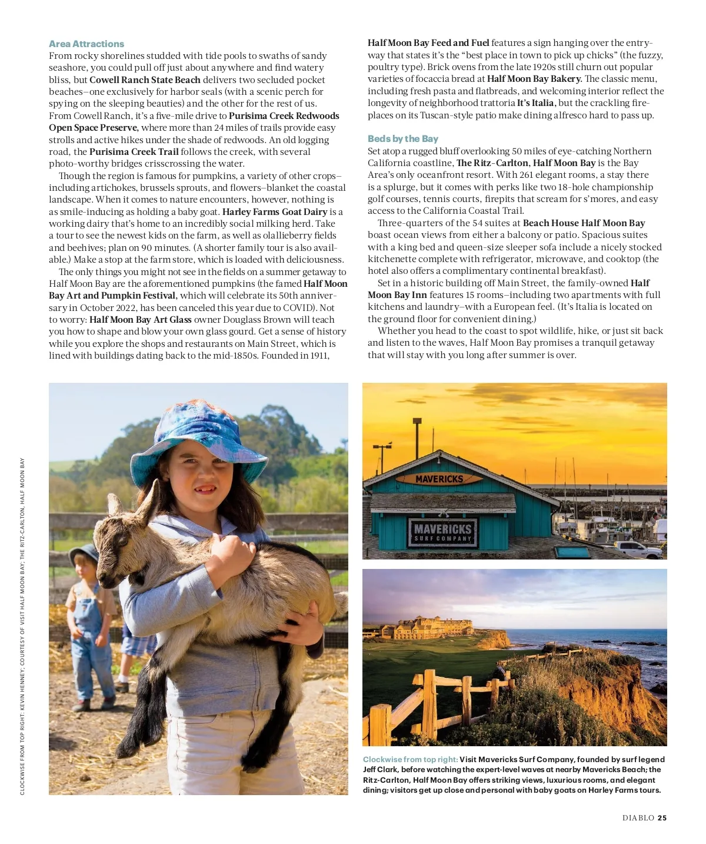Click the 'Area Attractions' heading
[86, 44]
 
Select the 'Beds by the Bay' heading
[403, 138]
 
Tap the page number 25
[662, 817]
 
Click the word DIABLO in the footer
[638, 817]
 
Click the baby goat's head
[126, 530]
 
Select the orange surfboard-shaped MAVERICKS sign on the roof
[439, 479]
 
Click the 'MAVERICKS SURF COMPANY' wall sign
[442, 532]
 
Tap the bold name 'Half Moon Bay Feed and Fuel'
[428, 42]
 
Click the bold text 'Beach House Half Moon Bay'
[584, 223]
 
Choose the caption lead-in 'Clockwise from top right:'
[410, 759]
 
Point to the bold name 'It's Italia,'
[535, 102]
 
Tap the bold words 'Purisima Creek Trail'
[134, 151]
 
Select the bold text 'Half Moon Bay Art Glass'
[141, 319]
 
